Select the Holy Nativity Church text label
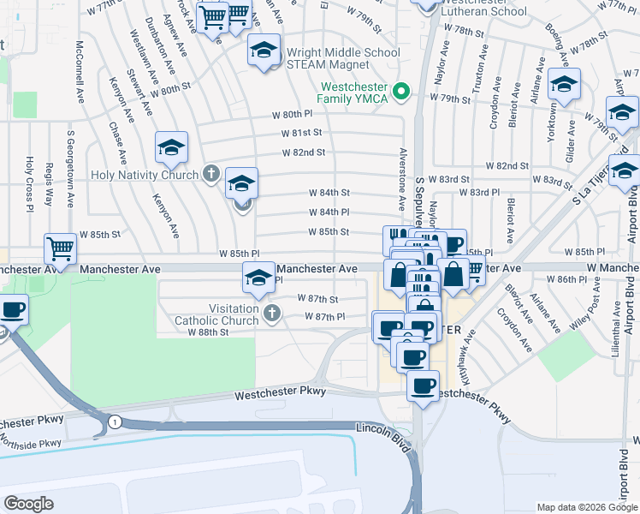(x=149, y=175)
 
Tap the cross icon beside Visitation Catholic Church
(x=272, y=314)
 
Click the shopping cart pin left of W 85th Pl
(x=60, y=249)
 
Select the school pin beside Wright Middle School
(x=264, y=51)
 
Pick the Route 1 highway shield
(x=114, y=421)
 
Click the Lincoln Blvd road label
(x=382, y=426)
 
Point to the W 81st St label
(x=303, y=133)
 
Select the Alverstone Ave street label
(x=402, y=179)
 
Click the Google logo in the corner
(x=28, y=504)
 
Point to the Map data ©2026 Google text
(x=586, y=507)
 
